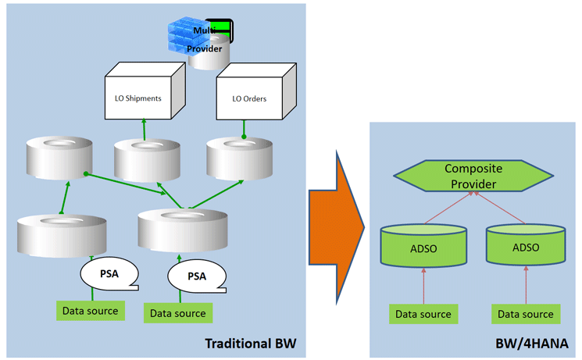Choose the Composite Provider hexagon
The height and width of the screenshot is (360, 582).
pos(471,176)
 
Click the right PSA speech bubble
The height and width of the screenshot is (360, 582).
pos(198,275)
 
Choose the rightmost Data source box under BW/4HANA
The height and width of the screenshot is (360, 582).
pos(526,314)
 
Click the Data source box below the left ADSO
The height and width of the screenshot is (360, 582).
pos(423,314)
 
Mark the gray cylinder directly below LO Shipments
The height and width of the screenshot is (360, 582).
pos(147,160)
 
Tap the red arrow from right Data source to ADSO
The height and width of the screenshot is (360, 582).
pos(526,285)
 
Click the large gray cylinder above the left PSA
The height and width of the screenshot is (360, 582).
pos(62,233)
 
